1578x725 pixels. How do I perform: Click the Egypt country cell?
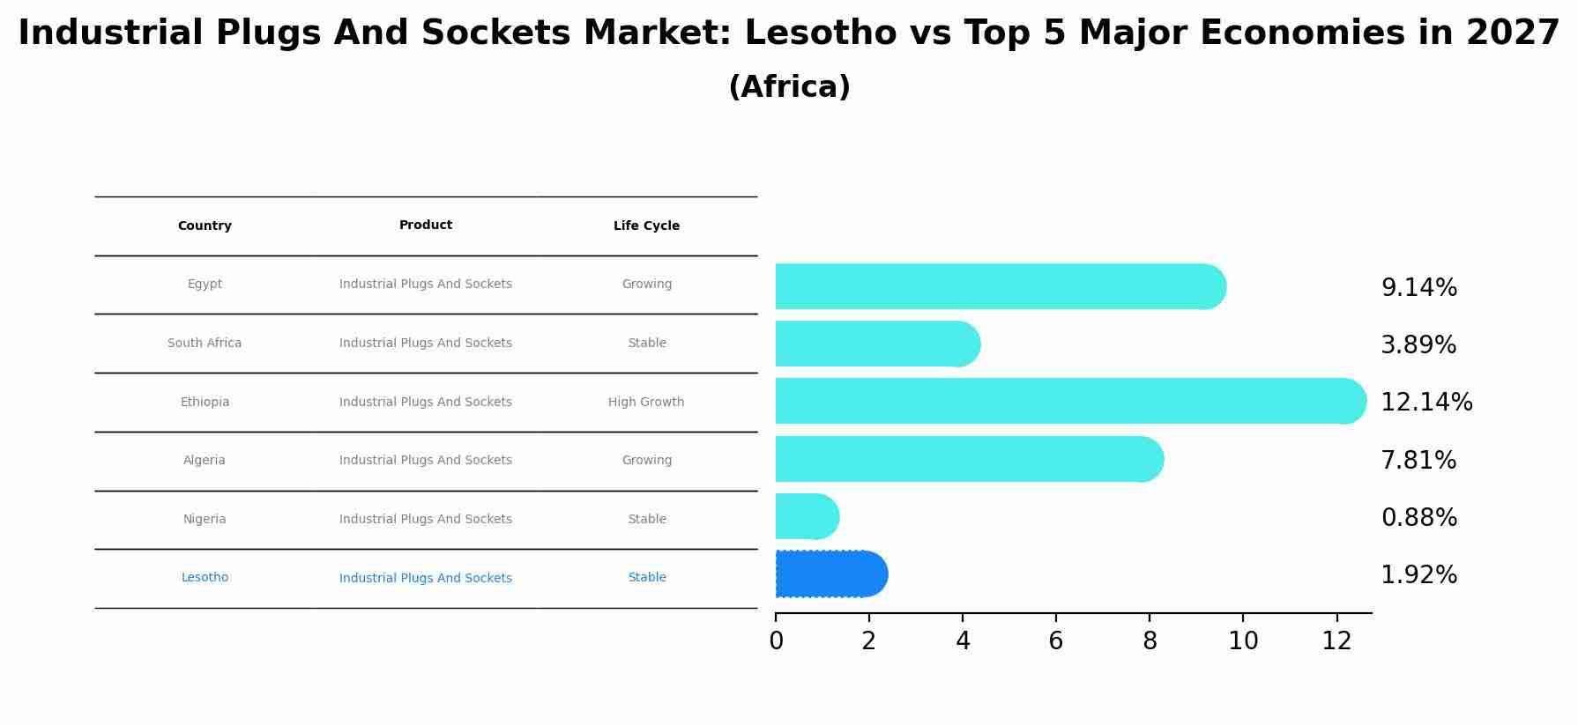[x=205, y=285]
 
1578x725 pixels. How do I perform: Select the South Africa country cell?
[x=205, y=344]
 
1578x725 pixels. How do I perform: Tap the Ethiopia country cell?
[x=205, y=403]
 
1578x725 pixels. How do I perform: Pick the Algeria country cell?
[x=205, y=461]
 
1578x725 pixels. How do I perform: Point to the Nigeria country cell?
[x=205, y=520]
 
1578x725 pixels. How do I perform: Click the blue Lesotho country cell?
[x=205, y=578]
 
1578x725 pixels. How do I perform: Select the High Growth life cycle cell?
[x=646, y=403]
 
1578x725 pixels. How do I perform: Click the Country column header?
[x=205, y=226]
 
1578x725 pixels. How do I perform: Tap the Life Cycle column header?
[x=646, y=226]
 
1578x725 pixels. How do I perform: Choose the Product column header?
[x=426, y=226]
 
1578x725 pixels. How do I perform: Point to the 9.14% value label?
[x=1418, y=288]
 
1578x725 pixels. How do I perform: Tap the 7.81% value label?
[x=1418, y=461]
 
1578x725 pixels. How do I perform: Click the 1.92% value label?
[x=1418, y=575]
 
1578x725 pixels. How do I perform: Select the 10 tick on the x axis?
[x=1243, y=641]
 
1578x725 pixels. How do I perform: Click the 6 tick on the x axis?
[x=1056, y=641]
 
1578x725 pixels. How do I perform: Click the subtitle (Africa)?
[x=789, y=87]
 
